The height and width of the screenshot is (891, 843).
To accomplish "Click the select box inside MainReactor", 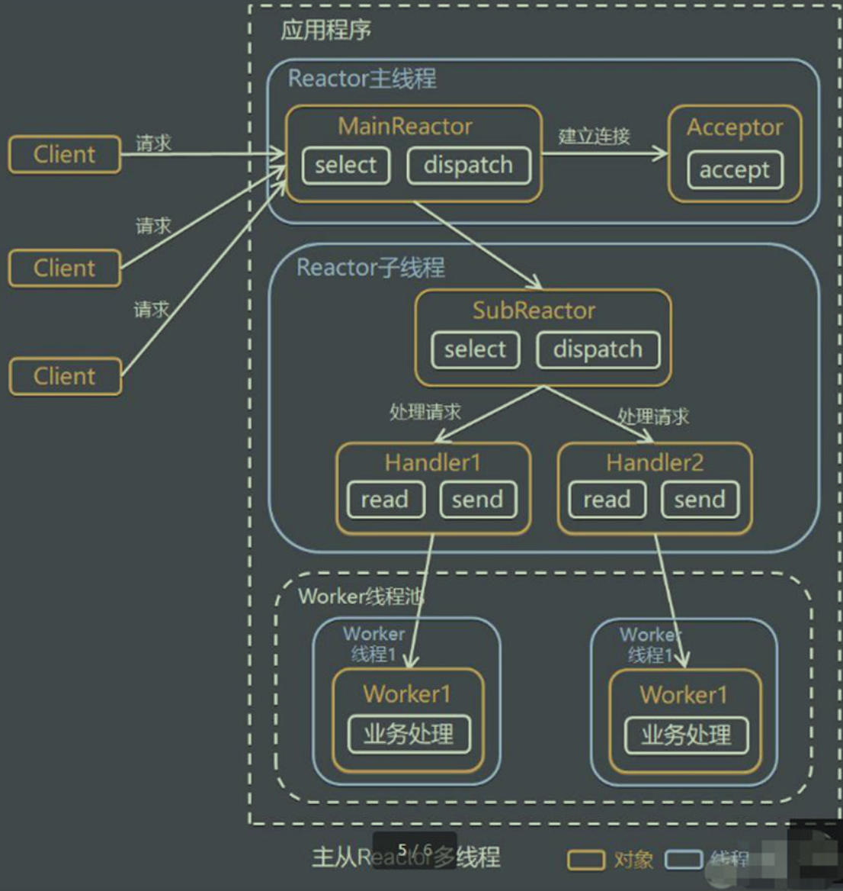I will coord(345,166).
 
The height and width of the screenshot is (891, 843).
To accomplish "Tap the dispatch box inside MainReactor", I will coord(468,166).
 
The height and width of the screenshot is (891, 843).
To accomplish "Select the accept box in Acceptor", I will coord(734,169).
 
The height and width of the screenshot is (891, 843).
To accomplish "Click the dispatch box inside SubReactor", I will coord(598,349).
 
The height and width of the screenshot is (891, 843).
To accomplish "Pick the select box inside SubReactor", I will coord(475,349).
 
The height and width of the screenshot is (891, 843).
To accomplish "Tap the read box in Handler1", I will coord(385,500).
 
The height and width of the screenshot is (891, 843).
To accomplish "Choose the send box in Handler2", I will coord(699,500).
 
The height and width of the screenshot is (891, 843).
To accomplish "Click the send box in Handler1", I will coord(477,500).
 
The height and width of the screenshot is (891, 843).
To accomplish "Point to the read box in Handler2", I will coord(607,500).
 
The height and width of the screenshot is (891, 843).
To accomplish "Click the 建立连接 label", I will coord(594,137).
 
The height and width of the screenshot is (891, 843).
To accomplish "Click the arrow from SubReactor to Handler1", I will coord(488,414).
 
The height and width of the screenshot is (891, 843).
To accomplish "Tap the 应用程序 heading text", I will coord(325,31).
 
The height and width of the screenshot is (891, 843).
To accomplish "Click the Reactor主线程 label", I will coord(362,79).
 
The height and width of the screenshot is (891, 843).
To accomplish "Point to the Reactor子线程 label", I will coord(370,268).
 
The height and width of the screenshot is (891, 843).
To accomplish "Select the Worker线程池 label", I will coord(360,597).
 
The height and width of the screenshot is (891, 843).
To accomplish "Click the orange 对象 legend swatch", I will coord(585,860).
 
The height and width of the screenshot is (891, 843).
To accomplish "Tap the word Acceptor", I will coord(734,127).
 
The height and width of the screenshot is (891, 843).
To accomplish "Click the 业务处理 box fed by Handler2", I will coord(686,735).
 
